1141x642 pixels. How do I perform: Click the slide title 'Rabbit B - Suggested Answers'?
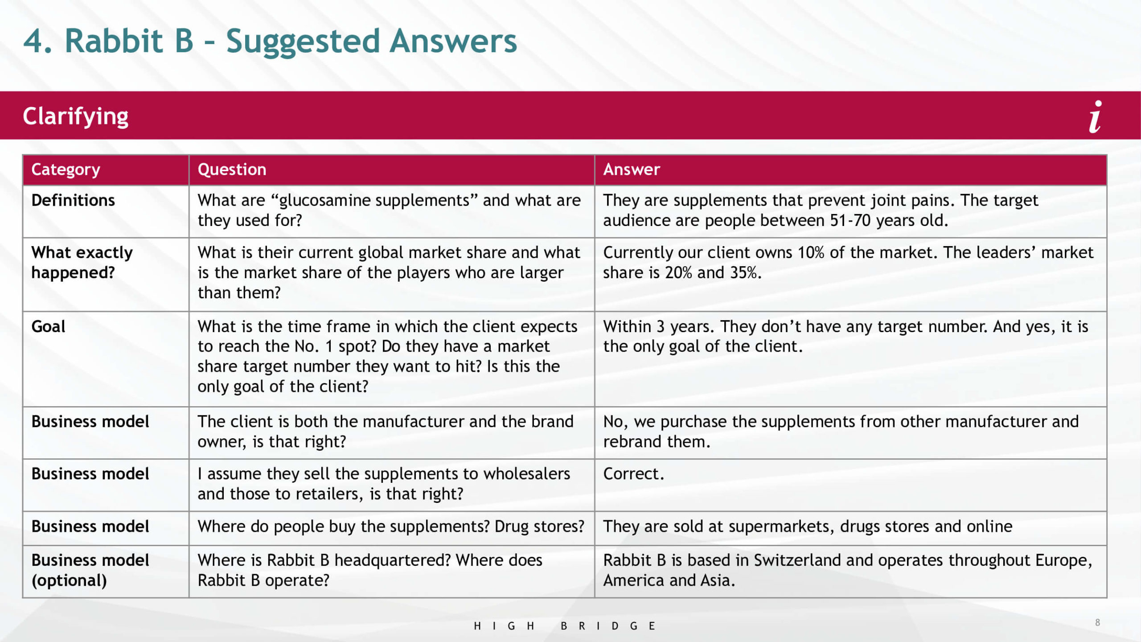coord(291,41)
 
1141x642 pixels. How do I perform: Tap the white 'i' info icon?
coord(1096,117)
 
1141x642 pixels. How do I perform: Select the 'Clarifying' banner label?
coord(76,116)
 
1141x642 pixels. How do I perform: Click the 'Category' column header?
coord(66,170)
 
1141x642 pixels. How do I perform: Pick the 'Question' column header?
coord(232,169)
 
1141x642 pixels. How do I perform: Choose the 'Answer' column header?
coord(632,169)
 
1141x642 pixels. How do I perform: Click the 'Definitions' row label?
coord(73,200)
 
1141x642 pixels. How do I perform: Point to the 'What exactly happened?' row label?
coord(82,263)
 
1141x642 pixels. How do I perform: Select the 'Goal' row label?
coord(48,326)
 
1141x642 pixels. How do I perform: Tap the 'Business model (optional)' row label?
coord(90,570)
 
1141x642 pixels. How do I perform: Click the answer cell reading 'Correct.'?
coord(633,473)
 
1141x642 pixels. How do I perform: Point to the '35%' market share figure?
coord(746,272)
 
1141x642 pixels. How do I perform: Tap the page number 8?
coord(1097,622)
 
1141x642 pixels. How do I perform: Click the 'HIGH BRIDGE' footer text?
coord(564,626)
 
